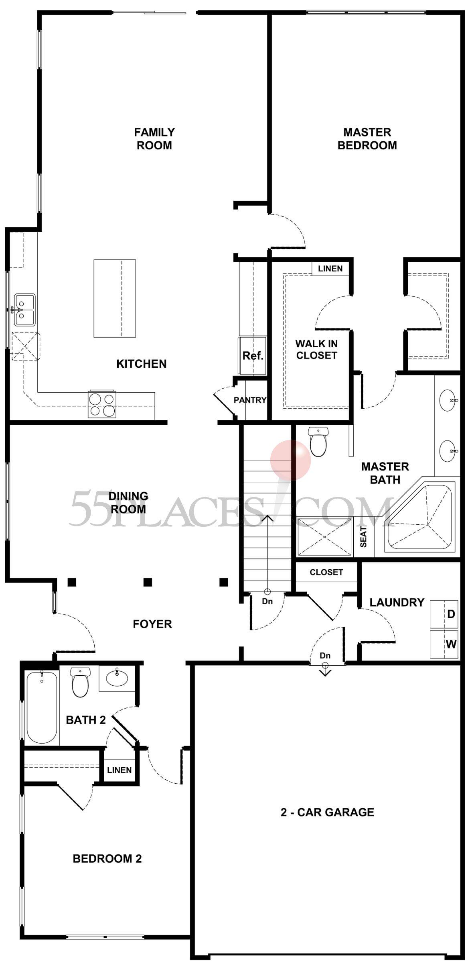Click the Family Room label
coord(154,139)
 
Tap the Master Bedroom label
coord(367,139)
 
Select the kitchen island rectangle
coord(115,298)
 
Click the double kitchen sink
coord(25,310)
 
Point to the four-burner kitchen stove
coord(102,404)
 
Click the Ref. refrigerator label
coord(253,355)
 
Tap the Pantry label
coord(250,400)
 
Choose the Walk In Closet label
coord(316,349)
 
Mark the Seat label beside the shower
coord(364,537)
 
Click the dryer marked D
coord(444,614)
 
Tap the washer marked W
coord(444,644)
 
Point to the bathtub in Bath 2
coord(41,707)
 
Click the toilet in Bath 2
coord(80,682)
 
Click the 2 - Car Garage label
coord(327,812)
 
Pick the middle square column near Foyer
coord(148,582)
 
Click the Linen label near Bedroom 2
coord(120,770)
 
